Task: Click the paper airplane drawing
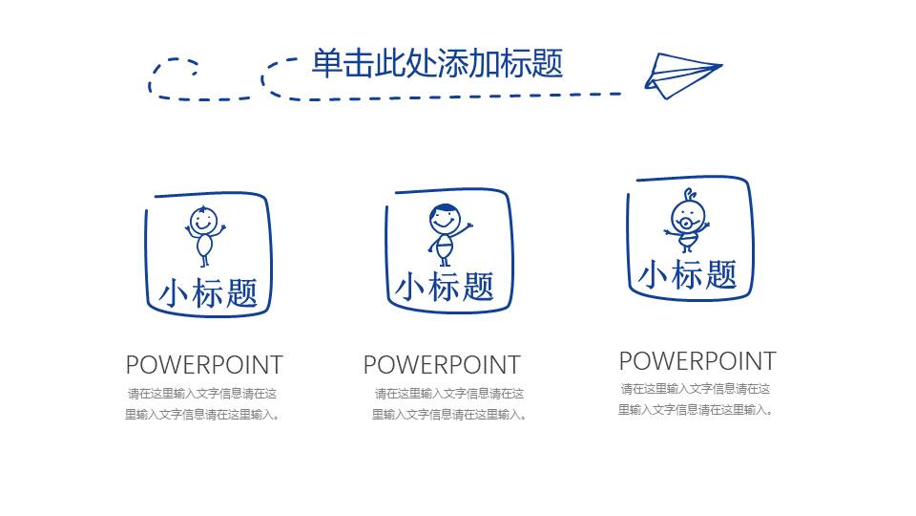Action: (681, 75)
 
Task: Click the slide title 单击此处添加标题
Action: (437, 63)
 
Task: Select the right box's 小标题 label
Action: (688, 275)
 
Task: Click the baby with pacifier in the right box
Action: (686, 222)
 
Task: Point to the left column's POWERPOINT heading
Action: (204, 365)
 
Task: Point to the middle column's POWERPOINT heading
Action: (442, 365)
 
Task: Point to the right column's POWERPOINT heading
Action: (697, 361)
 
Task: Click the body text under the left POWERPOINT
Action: (202, 404)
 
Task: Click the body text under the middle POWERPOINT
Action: (448, 404)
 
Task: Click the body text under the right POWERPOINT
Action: (696, 399)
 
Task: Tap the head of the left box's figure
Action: (201, 220)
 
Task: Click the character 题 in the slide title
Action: (548, 63)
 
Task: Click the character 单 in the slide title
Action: (326, 63)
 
